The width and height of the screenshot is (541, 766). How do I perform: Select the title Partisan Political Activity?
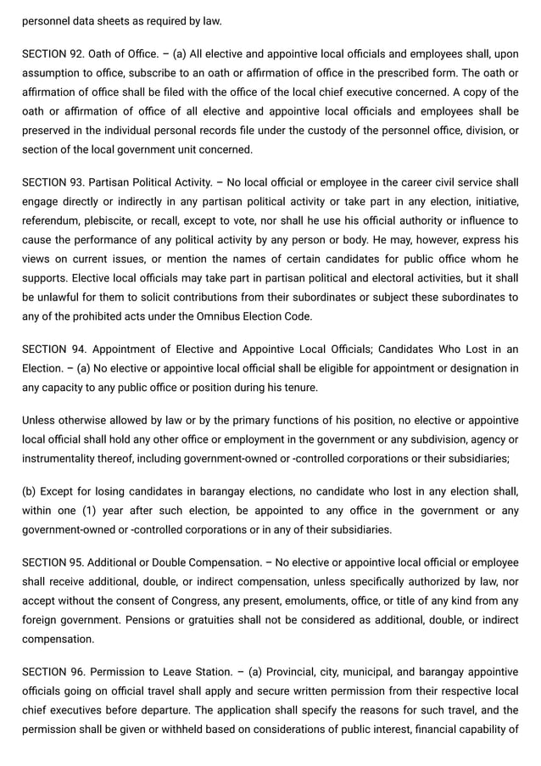[x=150, y=182]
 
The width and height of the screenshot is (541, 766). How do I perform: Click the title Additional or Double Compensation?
[x=176, y=562]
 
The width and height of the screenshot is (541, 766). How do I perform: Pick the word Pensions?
[x=150, y=620]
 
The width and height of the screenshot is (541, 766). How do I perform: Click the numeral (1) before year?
[x=91, y=511]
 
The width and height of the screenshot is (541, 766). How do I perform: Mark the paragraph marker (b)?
[x=30, y=491]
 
